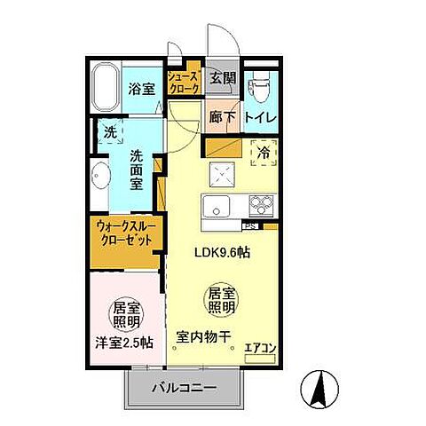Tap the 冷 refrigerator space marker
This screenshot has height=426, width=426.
pyautogui.click(x=263, y=153)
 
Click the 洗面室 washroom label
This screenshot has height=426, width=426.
pyautogui.click(x=138, y=169)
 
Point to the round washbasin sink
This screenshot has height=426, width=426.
pyautogui.click(x=99, y=175)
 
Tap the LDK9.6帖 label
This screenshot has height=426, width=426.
pyautogui.click(x=222, y=252)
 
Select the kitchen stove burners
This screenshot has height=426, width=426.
pyautogui.click(x=261, y=202)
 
